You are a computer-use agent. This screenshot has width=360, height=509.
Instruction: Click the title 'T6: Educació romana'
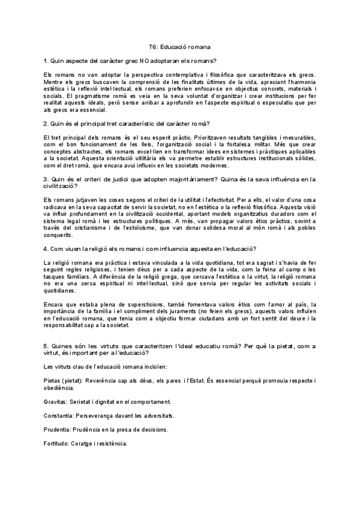pos(179,46)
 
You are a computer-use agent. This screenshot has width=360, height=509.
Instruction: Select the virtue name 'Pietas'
pos(53,381)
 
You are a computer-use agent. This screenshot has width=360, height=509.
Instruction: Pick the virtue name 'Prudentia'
pos(57,430)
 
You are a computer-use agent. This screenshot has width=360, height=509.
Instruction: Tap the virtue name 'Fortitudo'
pos(57,444)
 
